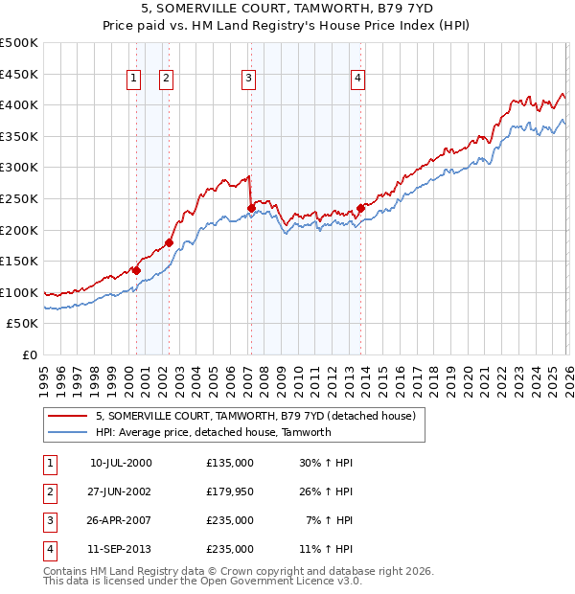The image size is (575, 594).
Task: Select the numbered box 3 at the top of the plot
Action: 248,79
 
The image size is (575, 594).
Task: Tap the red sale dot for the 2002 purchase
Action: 169,242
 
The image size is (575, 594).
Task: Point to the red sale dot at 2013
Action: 360,208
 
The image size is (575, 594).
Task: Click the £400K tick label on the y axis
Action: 19,104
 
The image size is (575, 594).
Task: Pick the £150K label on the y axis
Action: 19,261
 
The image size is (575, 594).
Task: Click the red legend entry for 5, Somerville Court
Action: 255,417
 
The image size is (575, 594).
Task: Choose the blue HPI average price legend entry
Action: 213,432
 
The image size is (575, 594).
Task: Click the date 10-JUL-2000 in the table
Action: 121,463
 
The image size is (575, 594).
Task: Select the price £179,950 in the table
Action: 230,491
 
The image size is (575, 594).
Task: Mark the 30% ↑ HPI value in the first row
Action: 326,463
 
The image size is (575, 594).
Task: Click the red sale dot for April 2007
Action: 251,208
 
